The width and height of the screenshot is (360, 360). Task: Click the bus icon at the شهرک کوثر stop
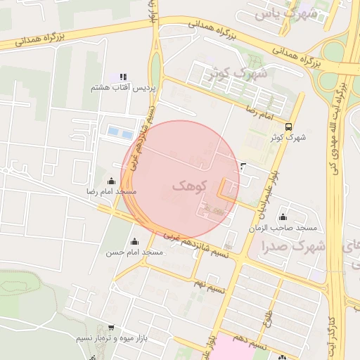(290, 127)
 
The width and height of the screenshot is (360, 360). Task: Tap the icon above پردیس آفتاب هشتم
(123, 77)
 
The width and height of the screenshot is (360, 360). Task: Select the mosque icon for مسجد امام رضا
(110, 181)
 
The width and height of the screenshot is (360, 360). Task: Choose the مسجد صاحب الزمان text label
(287, 229)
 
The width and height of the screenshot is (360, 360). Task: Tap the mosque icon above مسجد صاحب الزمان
(283, 217)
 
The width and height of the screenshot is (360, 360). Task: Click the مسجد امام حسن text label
(134, 252)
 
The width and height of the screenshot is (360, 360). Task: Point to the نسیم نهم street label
(210, 282)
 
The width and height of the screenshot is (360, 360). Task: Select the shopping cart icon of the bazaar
(111, 328)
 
